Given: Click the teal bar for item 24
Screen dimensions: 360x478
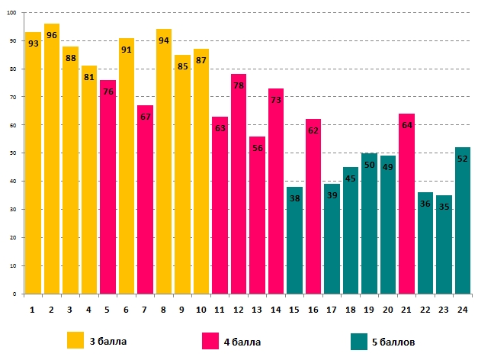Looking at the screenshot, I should coord(462,220).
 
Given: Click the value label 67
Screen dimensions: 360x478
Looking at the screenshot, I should coord(145,117).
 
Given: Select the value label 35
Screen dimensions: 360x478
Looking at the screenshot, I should coord(444,207).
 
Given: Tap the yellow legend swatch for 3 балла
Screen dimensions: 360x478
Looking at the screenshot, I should coord(75,340).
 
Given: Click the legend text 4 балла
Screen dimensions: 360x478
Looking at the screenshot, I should coord(242,342).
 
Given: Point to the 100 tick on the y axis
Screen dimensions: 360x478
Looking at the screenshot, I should coord(14,14).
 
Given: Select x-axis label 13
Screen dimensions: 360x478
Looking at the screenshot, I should coord(257,310).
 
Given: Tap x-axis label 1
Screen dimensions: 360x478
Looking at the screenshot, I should coord(33,310).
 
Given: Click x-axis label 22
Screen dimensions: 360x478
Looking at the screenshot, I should coord(425,310).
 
